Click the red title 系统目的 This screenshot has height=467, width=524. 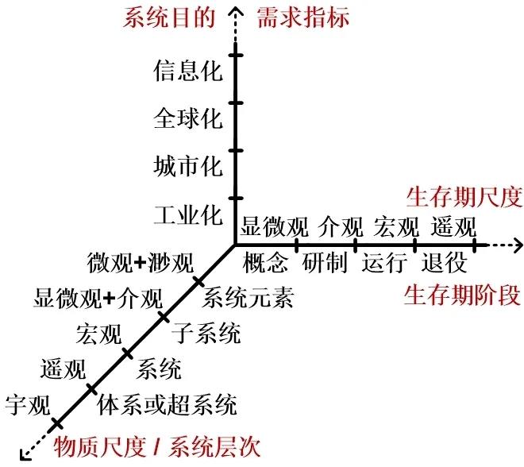coord(169,17)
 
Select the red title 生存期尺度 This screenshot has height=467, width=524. coord(464,195)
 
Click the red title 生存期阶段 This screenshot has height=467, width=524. coord(463,296)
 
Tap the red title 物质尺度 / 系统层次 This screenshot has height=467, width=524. coord(156,446)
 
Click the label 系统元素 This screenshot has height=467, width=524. coord(249,299)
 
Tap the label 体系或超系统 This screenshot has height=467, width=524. coord(167,406)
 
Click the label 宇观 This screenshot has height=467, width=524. coord(28,405)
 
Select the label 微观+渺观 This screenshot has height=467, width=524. coord(140,261)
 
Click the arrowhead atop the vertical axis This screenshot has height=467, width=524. coord(235,10)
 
